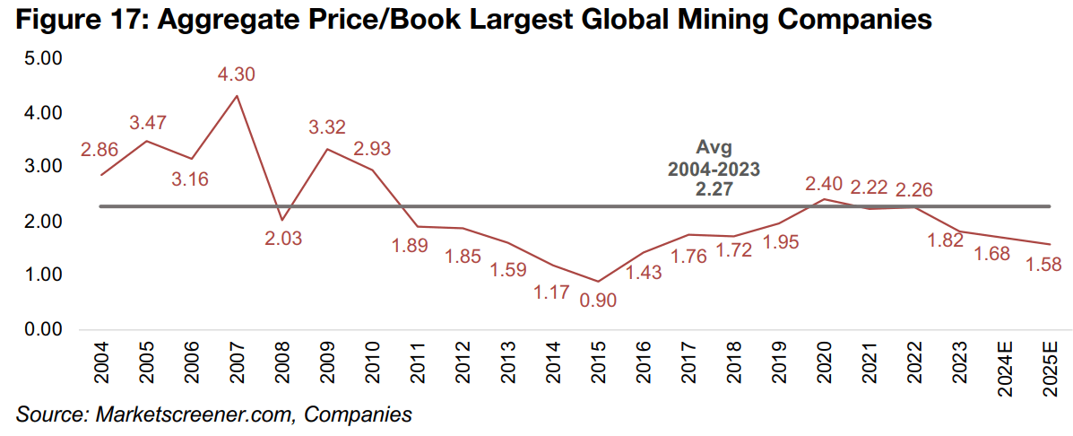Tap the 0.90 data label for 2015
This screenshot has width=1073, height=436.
tap(599, 301)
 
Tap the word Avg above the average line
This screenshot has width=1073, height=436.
tap(714, 148)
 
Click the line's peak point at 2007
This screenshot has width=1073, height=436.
tap(236, 96)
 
